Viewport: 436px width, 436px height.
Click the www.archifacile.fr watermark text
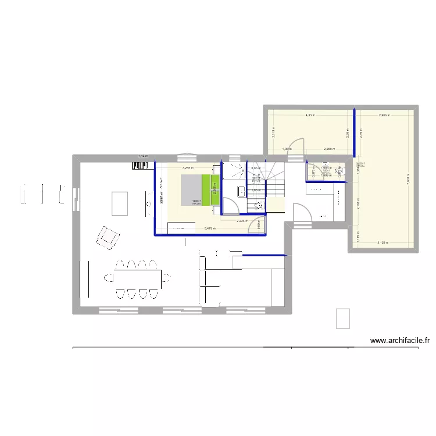pyautogui.click(x=399, y=341)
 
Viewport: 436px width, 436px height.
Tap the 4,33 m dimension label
pyautogui.click(x=309, y=116)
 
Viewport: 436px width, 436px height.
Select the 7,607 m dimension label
pyautogui.click(x=408, y=180)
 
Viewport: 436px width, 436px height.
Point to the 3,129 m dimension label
pyautogui.click(x=383, y=242)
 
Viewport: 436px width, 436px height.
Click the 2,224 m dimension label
pyautogui.click(x=242, y=221)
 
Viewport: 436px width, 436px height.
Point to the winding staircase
pyautogui.click(x=271, y=180)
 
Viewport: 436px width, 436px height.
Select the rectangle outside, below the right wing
pyautogui.click(x=342, y=318)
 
